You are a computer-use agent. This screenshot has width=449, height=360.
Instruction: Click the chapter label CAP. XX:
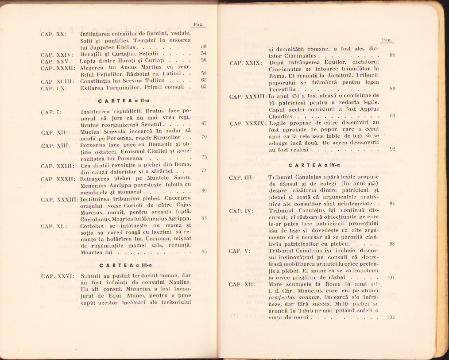(x=53, y=34)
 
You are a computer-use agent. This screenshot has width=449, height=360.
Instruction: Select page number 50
(x=204, y=46)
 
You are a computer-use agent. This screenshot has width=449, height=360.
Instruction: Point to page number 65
(x=204, y=87)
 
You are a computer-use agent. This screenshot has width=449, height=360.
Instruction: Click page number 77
(x=204, y=170)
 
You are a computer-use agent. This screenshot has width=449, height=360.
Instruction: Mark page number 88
(x=392, y=56)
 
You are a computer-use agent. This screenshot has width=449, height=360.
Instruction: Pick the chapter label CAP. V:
(x=240, y=251)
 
